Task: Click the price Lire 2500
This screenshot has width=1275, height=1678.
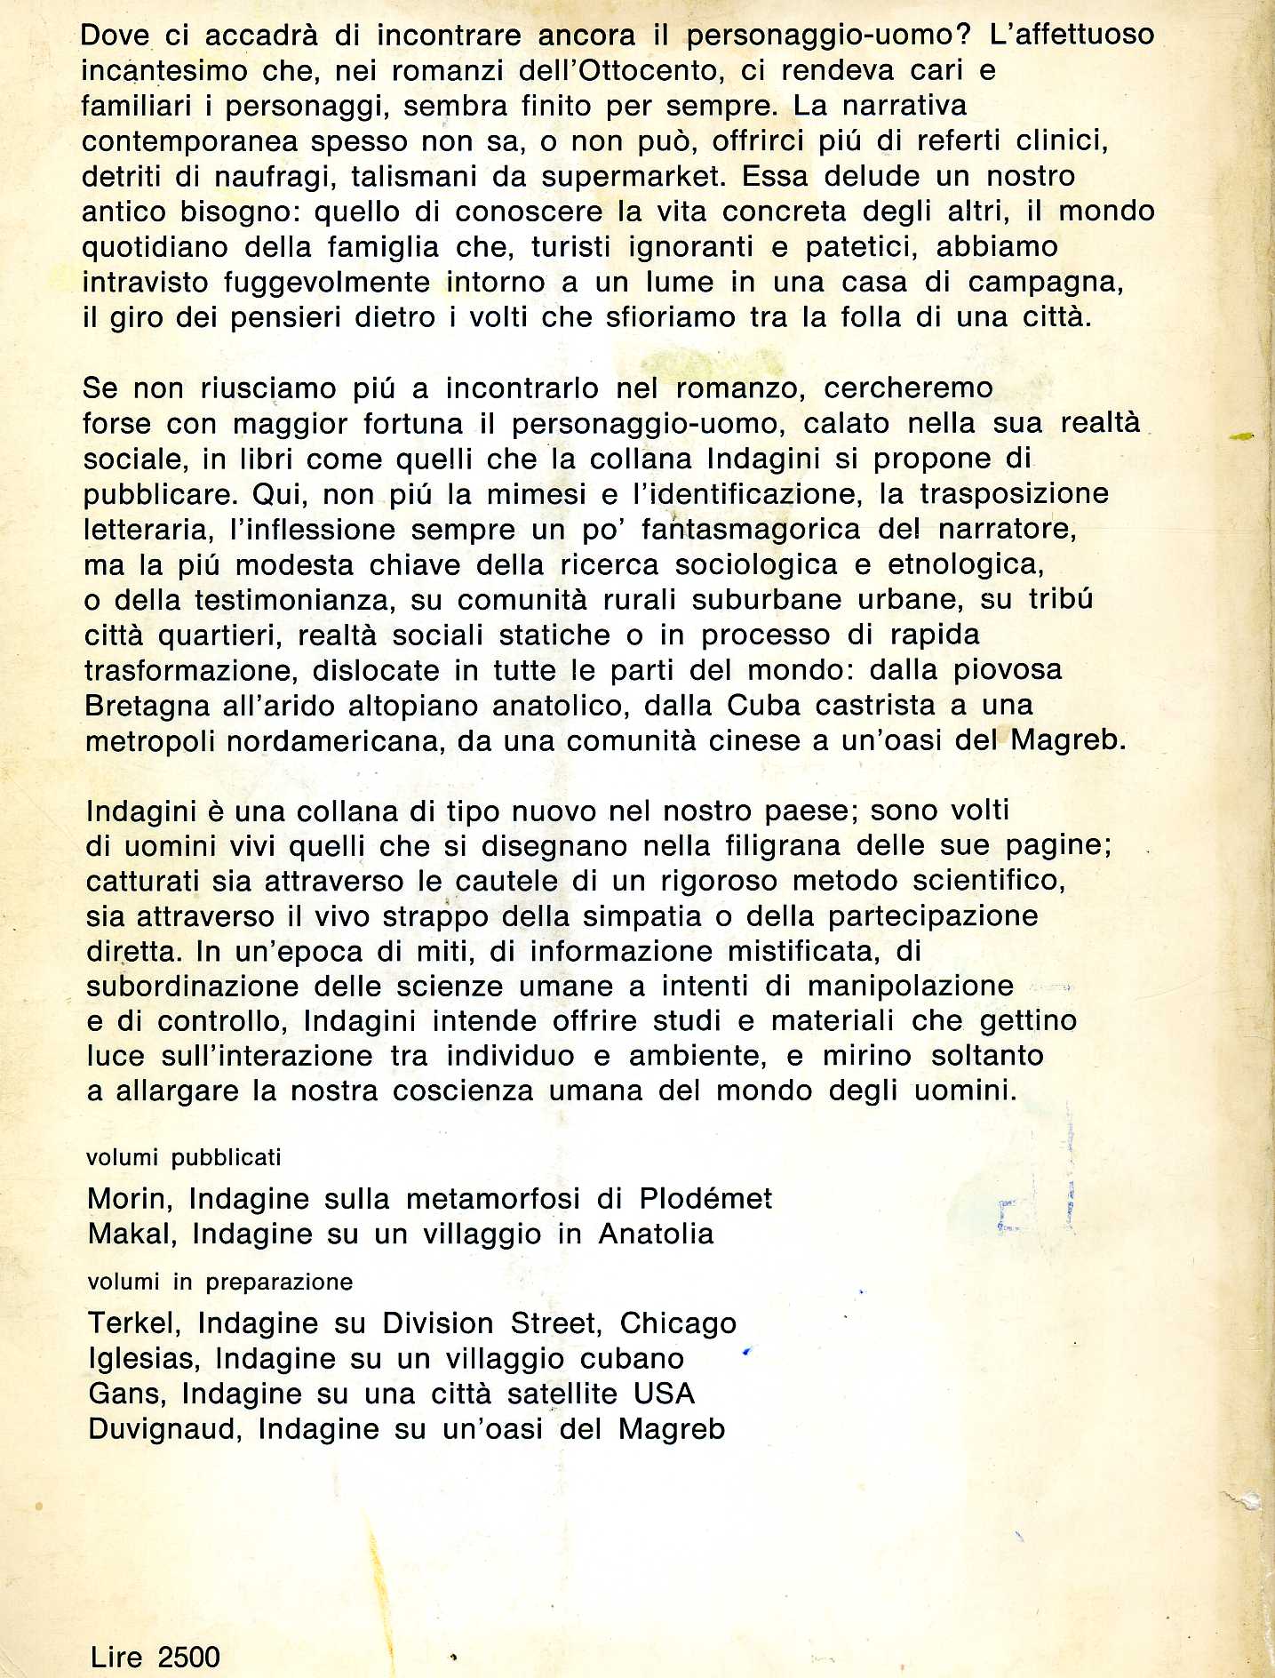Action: [x=155, y=1657]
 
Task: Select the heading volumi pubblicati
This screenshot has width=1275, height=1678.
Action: [x=183, y=1157]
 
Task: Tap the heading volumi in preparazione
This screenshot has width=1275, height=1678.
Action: [x=219, y=1282]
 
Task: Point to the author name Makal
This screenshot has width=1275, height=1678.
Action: [x=131, y=1235]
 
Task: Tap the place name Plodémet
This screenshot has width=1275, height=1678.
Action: [x=705, y=1199]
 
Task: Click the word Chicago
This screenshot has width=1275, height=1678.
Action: [x=678, y=1323]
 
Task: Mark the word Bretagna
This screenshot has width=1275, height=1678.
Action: [x=147, y=706]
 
